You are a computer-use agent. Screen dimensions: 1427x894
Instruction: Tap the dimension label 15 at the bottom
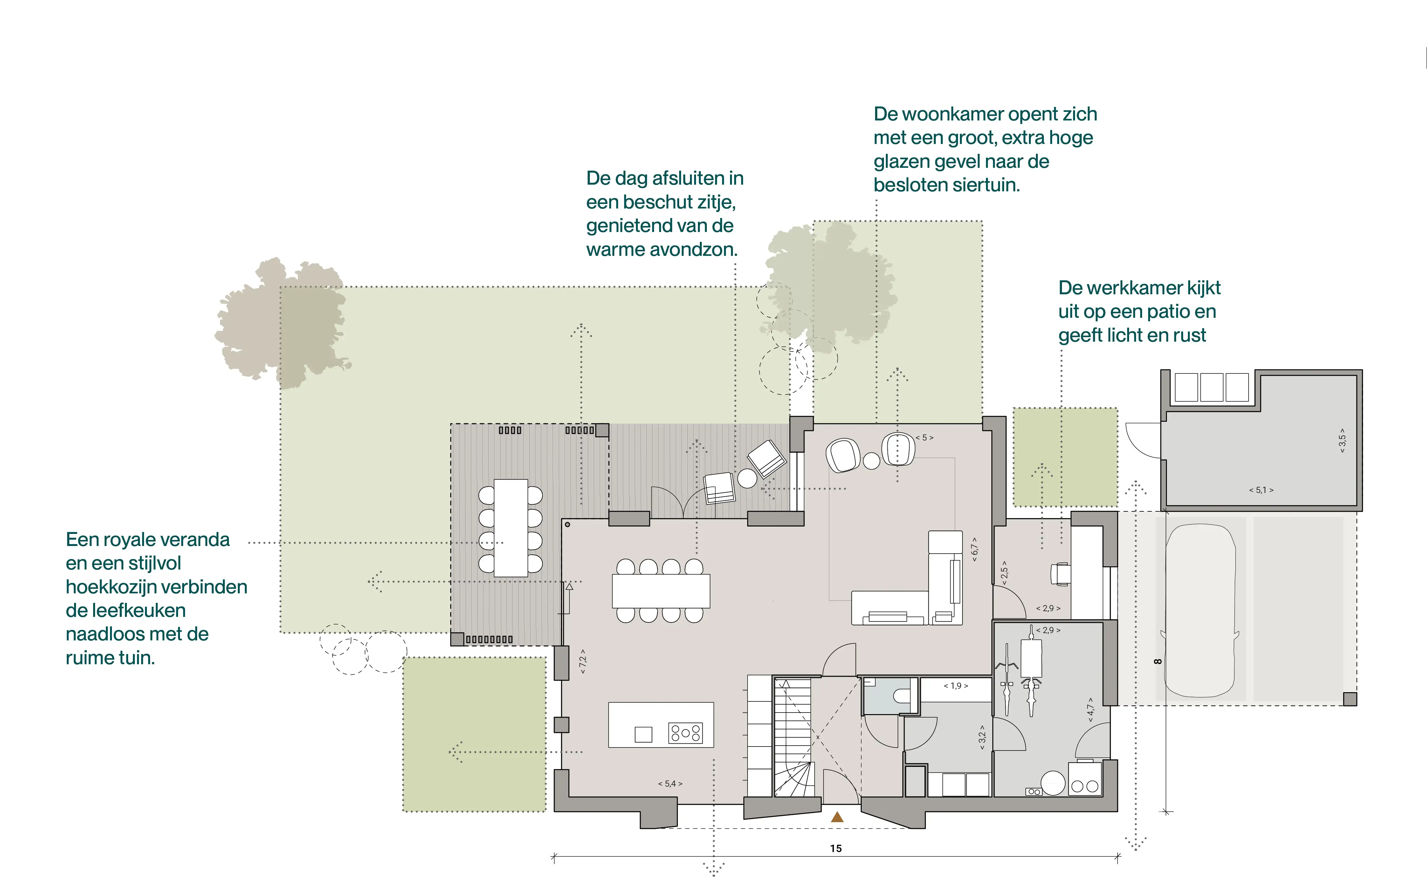tap(836, 849)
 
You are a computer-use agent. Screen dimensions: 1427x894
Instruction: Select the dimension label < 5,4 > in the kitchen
tap(670, 783)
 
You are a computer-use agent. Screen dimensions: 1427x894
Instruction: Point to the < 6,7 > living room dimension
tap(975, 549)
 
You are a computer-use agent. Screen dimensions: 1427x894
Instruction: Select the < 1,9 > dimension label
tap(956, 686)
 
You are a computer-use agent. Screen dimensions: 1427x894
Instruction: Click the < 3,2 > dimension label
tap(982, 737)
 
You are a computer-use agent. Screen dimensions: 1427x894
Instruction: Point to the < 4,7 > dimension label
tap(1091, 710)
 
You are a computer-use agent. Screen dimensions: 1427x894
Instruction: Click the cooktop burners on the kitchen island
tap(686, 733)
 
